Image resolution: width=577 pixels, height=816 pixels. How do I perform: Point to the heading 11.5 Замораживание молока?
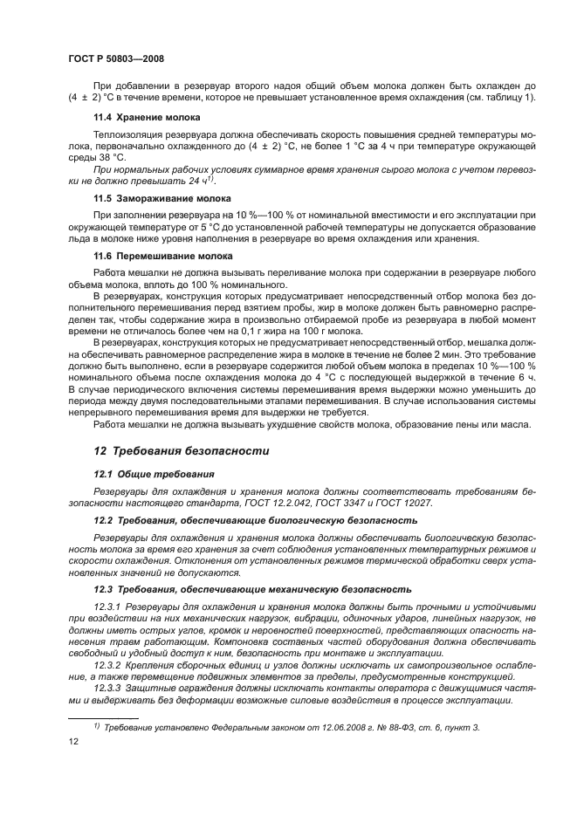(x=161, y=199)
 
